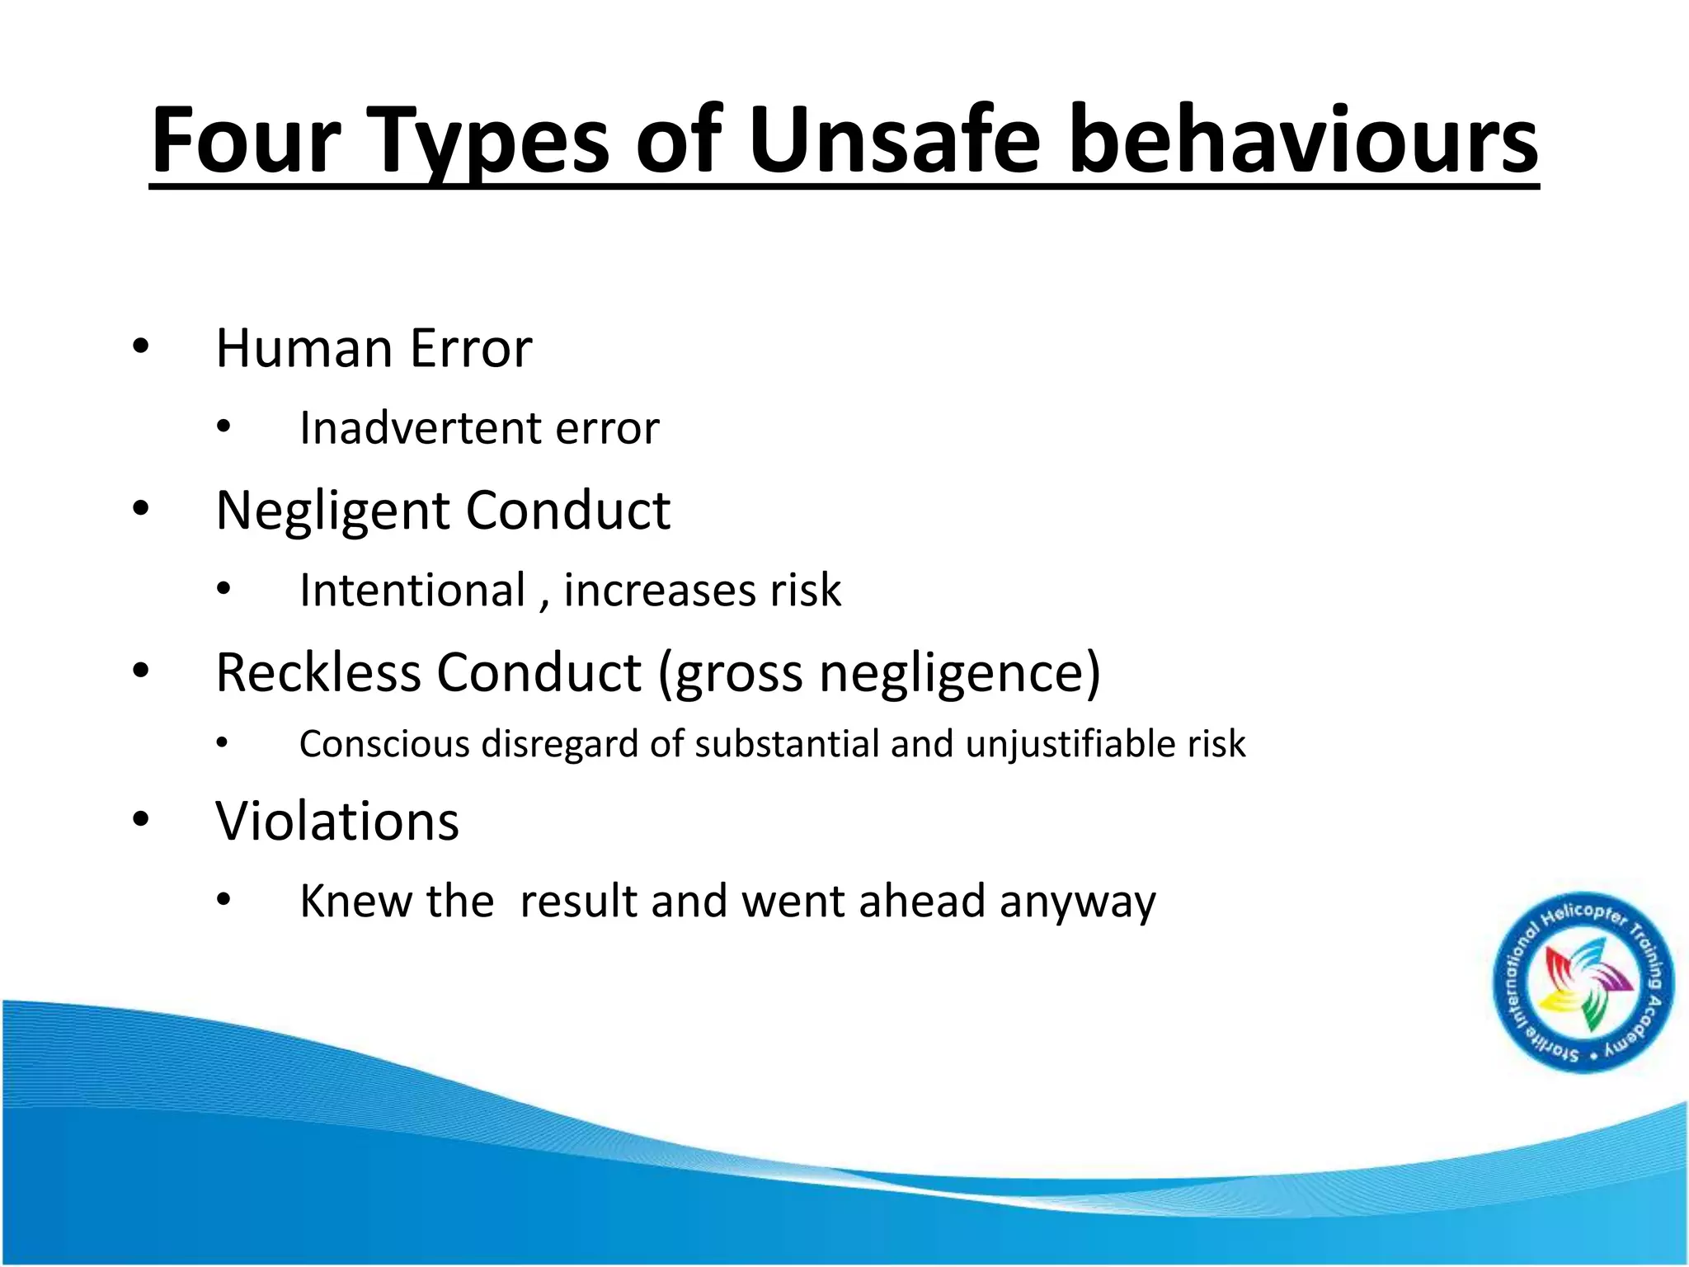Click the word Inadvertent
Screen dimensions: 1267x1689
[x=421, y=427]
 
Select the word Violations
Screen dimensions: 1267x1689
[x=337, y=822]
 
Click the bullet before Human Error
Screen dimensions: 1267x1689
[x=140, y=347]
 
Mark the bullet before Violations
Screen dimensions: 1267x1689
[x=140, y=819]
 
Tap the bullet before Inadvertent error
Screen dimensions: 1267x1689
[x=223, y=427]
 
